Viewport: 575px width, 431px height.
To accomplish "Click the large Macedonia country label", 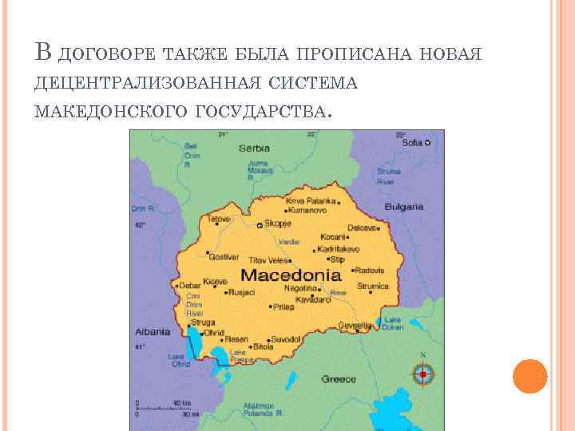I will coord(291,275).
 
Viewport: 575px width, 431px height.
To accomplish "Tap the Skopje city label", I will coord(279,225).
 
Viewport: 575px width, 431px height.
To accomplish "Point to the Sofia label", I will coord(412,143).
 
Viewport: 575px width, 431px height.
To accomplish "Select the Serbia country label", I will coord(255,148).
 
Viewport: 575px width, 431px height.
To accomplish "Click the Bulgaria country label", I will coord(403,206).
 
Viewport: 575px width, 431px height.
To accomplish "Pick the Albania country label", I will coord(152,331).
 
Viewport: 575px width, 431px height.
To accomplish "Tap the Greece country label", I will coord(339,379).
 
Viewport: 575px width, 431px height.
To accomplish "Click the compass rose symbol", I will coord(422,373).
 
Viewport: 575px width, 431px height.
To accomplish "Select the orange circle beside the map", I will coord(529,376).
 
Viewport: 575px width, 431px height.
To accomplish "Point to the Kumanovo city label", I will coord(312,210).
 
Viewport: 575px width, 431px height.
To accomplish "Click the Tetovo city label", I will coord(219,219).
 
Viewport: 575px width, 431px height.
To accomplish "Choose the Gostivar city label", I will coord(224,257).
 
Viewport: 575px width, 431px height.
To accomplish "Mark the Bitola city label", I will coord(263,347).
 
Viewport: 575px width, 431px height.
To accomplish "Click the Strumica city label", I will coord(372,286).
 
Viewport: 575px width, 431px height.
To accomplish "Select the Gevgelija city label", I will coord(355,325).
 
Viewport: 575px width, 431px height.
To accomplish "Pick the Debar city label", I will coord(190,285).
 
